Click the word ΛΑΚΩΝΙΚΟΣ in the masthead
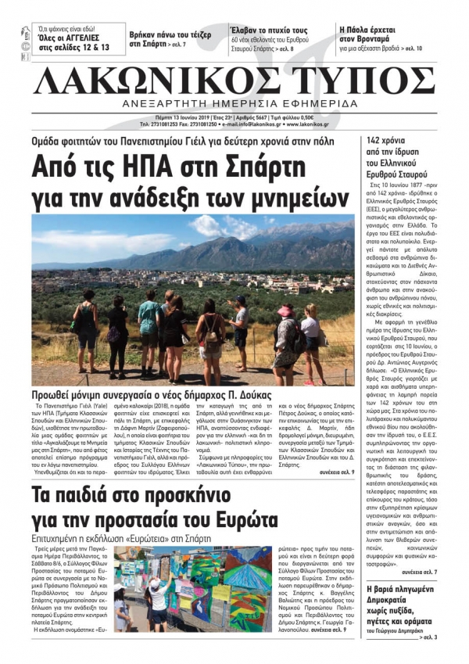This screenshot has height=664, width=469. coord(149,81)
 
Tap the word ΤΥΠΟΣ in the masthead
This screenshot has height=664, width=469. coord(360,81)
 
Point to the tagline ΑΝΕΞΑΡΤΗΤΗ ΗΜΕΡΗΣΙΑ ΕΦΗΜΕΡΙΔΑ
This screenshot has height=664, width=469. coord(234,104)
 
